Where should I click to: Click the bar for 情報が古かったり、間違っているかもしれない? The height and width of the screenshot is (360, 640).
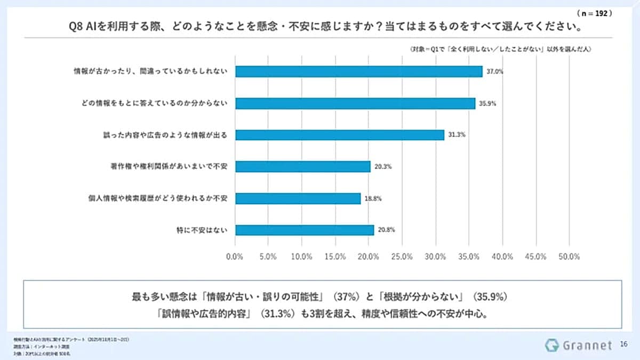358,71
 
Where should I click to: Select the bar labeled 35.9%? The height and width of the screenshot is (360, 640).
355,103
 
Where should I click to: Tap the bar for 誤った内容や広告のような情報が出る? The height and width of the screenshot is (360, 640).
339,135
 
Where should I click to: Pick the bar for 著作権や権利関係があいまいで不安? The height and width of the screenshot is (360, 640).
302,166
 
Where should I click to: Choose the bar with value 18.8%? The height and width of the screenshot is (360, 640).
298,198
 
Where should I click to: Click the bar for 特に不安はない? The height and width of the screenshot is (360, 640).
304,230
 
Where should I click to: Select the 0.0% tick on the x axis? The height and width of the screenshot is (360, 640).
235,257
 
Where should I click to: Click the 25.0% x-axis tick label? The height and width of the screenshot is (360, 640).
402,257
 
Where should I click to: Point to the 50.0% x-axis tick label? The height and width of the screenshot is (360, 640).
569,257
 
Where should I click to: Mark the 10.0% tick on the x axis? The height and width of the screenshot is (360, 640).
302,257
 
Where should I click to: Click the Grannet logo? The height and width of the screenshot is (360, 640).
578,345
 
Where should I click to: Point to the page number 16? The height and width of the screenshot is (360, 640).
623,345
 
